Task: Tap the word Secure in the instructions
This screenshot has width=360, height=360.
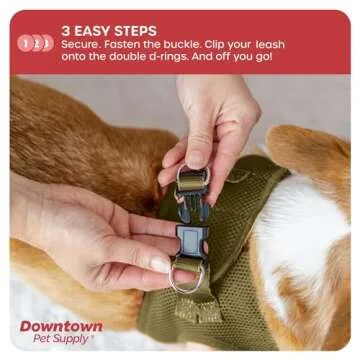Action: (83, 47)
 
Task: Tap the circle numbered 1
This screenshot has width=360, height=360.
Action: (24, 42)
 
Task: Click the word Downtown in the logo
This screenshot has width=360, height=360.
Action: (60, 326)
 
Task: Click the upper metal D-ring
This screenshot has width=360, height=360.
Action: (192, 179)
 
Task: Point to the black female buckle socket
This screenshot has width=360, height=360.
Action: (189, 240)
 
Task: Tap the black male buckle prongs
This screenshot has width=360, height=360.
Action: (192, 206)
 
